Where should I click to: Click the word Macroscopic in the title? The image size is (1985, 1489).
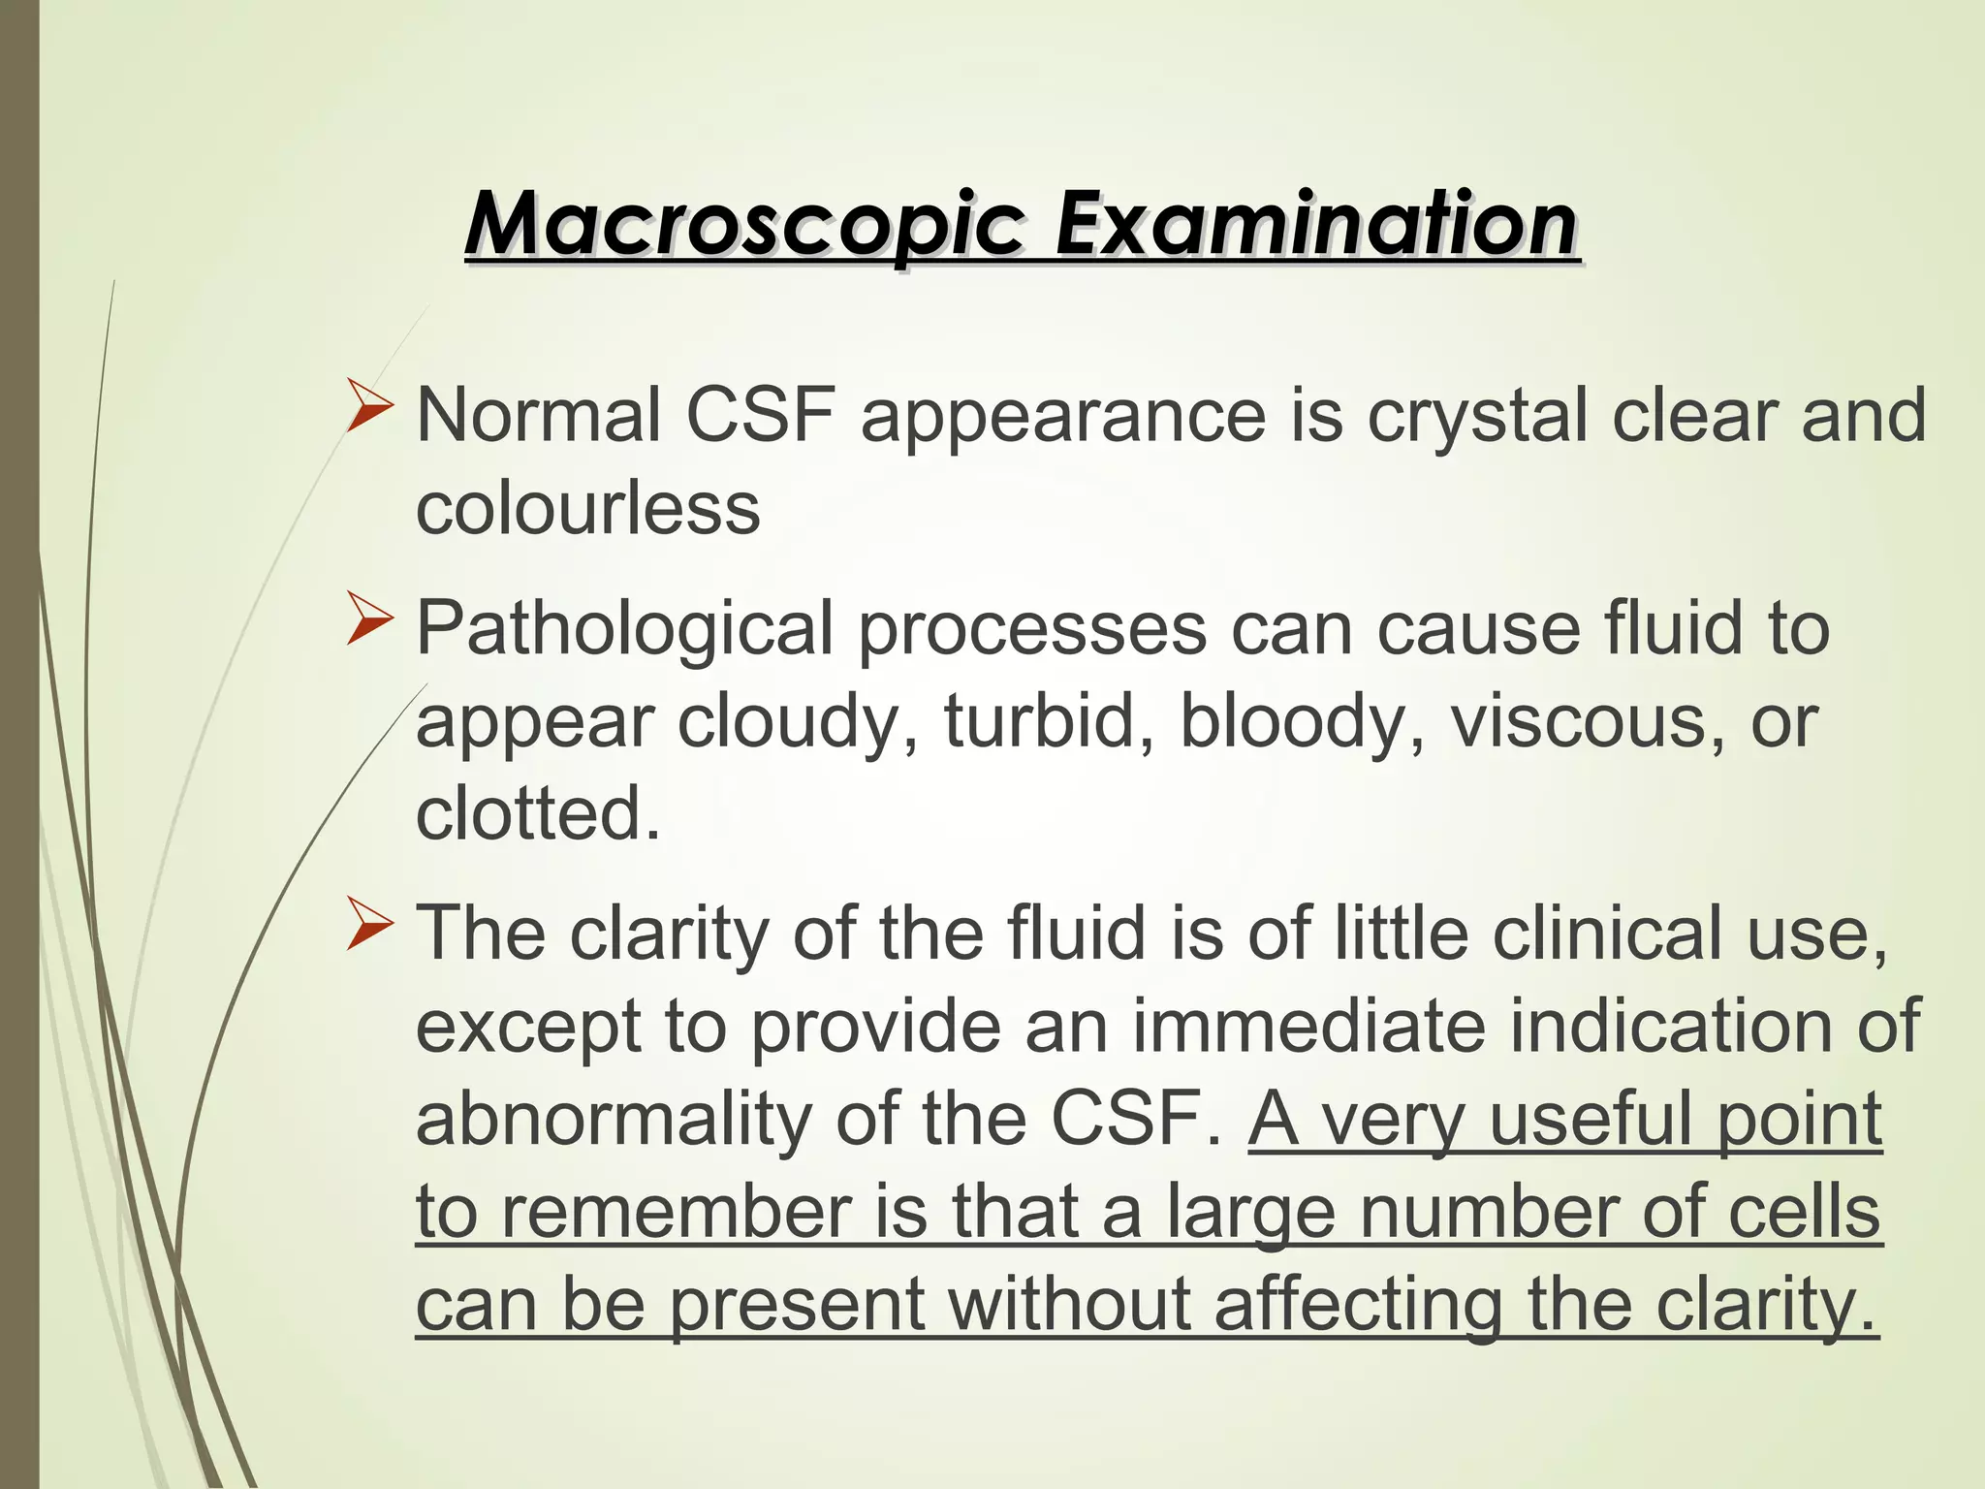click(743, 224)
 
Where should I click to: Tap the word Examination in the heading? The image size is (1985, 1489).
click(1315, 224)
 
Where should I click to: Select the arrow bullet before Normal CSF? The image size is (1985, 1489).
click(370, 408)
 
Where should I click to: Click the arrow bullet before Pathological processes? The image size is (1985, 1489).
click(370, 621)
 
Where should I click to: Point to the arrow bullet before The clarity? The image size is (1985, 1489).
click(370, 925)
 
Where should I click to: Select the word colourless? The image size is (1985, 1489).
click(587, 508)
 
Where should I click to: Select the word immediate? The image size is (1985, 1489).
click(1308, 1026)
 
